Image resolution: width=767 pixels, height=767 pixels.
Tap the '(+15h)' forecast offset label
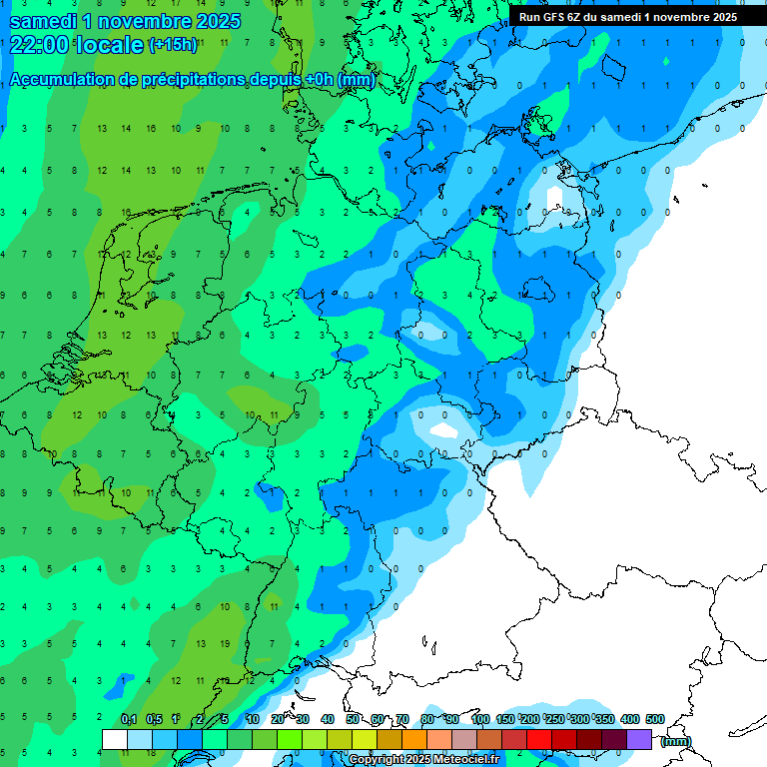pos(173,45)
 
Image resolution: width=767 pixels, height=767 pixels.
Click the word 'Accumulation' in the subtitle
pos(58,80)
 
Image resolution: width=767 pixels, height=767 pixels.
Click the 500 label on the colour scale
pos(655,719)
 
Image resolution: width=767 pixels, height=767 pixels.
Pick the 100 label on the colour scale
pos(480,719)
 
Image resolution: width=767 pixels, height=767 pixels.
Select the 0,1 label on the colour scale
pos(129,719)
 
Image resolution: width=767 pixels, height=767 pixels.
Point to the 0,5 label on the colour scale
pos(154,719)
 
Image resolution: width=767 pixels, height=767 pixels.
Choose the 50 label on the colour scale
pos(354,719)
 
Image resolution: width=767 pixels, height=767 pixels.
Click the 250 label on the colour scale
pos(554,719)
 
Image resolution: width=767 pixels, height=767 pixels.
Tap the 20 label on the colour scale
pos(278,719)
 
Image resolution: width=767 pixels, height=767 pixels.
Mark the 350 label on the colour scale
pos(604,719)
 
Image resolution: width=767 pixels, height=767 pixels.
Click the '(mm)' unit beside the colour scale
pos(676,741)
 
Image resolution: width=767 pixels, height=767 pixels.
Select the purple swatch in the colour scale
pos(639,739)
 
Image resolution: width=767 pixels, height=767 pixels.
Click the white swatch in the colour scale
pos(115,739)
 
